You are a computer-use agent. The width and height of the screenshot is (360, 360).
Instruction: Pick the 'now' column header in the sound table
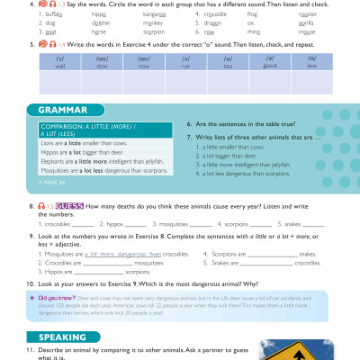145,64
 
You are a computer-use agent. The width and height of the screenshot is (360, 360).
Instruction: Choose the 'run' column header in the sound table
188,64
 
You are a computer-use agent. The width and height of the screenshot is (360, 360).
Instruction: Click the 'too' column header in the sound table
231,64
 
